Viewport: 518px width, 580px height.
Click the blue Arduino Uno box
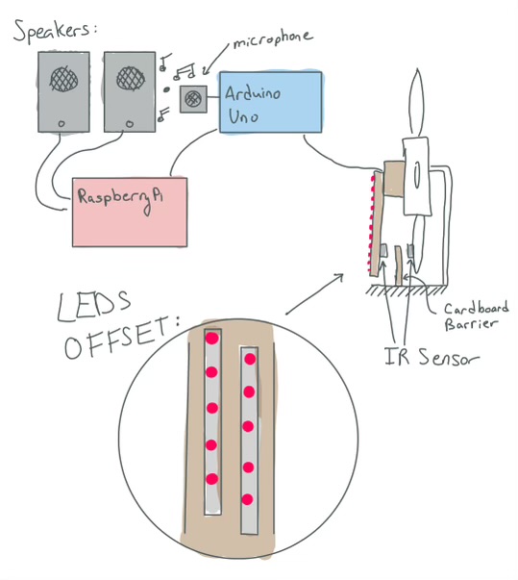[270, 103]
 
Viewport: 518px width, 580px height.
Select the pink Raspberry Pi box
[130, 212]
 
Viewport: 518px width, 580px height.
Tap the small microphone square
[193, 99]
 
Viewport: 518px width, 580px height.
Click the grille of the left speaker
[64, 79]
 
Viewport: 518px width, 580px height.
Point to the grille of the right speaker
[131, 79]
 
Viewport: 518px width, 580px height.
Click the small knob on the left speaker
[62, 124]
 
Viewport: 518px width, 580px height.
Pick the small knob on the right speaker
[130, 124]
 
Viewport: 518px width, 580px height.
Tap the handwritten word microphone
[273, 38]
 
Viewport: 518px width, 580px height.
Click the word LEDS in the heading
[94, 305]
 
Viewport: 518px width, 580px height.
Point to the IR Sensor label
[432, 357]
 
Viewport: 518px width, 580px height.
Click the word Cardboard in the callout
[476, 309]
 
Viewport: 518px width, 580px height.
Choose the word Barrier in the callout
[470, 324]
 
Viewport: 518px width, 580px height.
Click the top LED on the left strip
[212, 338]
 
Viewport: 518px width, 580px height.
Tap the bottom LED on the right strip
[248, 500]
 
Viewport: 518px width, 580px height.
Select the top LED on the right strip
[250, 359]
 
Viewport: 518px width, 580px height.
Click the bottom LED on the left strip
[212, 479]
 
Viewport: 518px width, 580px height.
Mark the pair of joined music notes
[185, 71]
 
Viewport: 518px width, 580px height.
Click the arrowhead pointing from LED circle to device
[340, 277]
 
